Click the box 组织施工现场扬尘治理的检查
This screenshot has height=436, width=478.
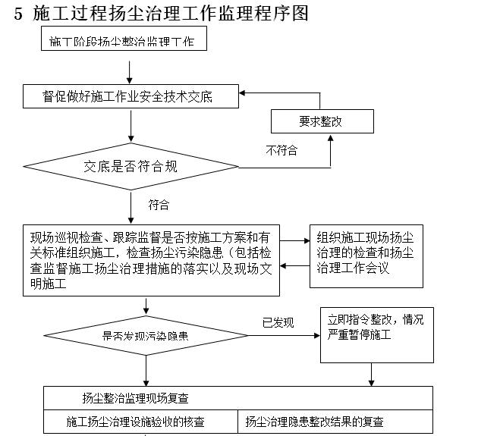pos(366,256)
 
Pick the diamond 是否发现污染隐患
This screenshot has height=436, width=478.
pos(146,334)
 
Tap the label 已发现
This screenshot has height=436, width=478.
pos(278,322)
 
